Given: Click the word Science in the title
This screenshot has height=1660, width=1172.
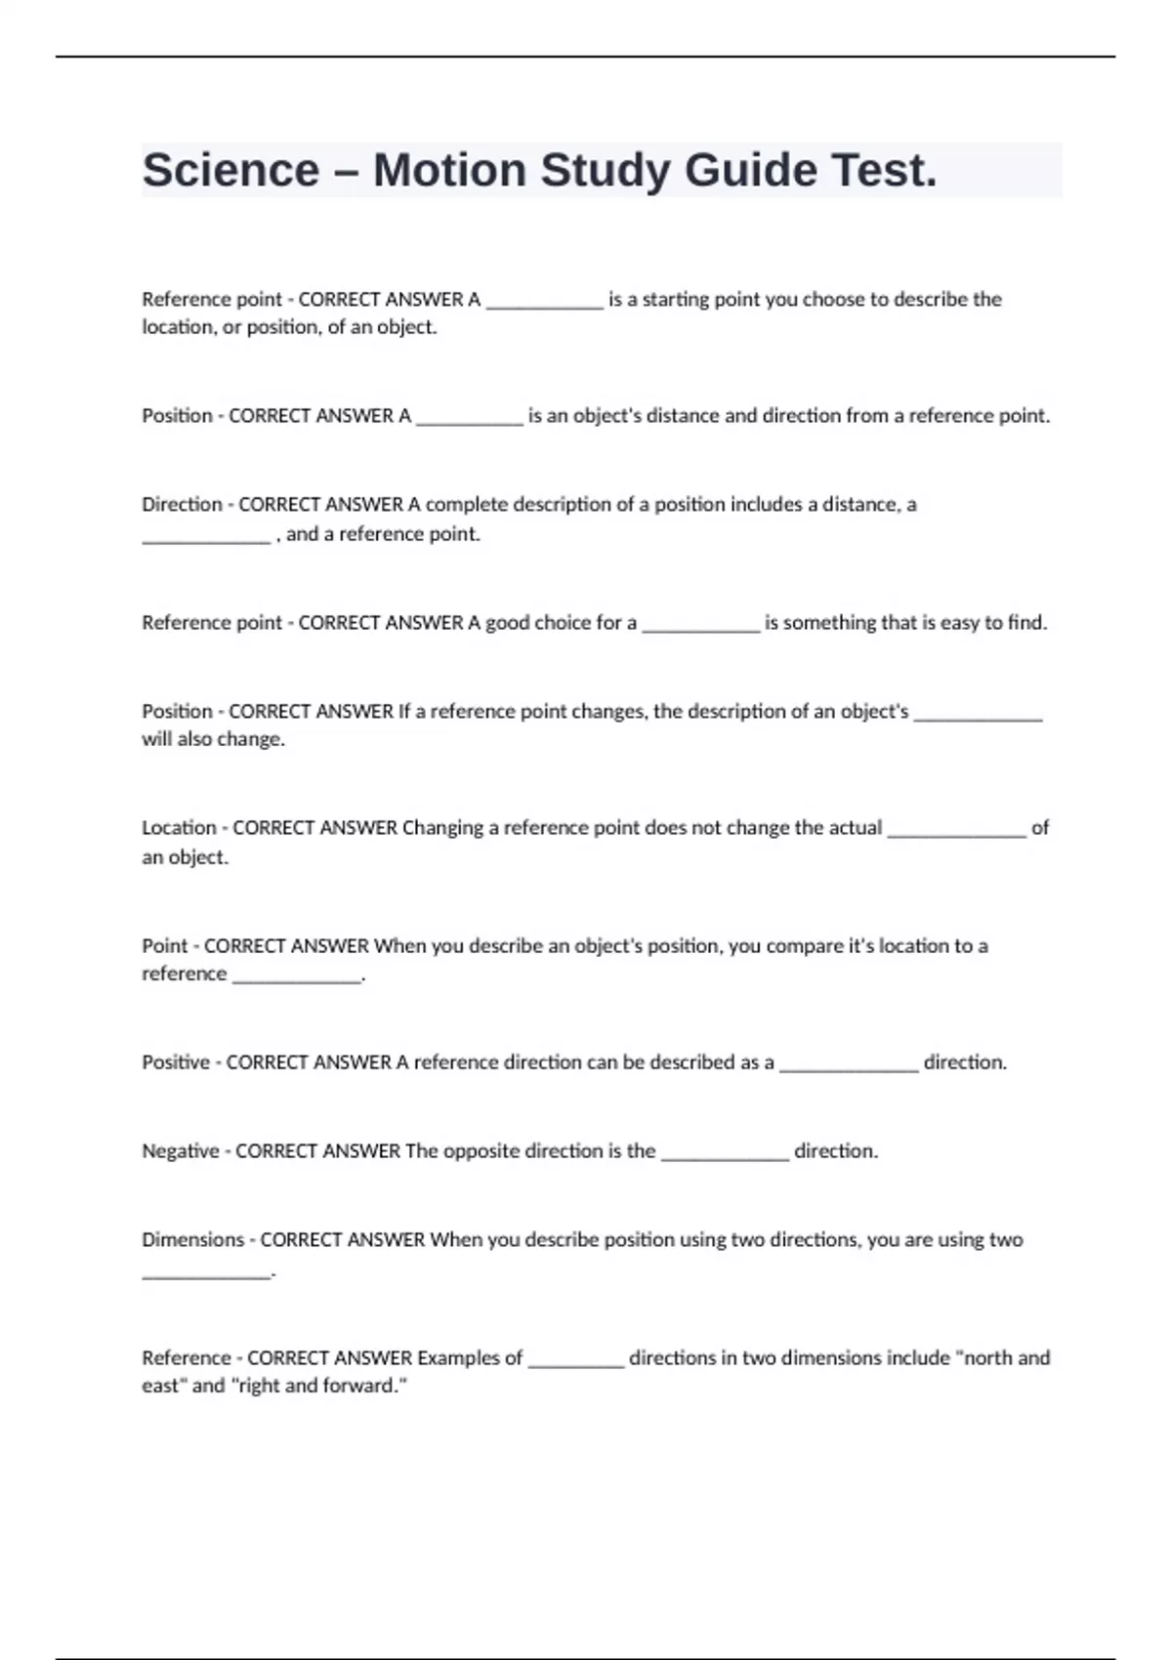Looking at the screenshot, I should (x=230, y=171).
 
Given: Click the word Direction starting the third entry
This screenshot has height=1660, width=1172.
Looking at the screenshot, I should (x=182, y=505).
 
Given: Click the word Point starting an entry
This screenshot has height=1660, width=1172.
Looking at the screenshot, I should (x=165, y=946).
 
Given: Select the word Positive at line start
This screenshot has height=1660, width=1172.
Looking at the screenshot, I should (x=176, y=1062).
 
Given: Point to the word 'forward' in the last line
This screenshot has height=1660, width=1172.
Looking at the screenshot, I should (x=364, y=1386).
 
